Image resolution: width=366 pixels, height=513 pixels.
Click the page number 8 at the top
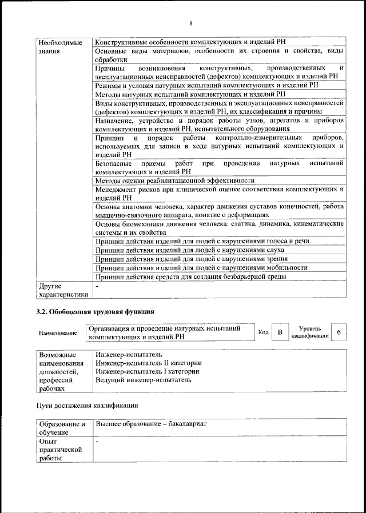point(190,23)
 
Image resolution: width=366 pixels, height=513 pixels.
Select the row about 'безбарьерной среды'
point(191,276)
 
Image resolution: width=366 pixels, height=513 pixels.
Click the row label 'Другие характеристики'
point(63,290)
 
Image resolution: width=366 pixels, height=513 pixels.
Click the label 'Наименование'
point(58,333)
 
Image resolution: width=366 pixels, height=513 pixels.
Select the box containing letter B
point(280,332)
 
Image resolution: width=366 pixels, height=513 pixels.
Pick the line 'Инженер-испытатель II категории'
point(149,363)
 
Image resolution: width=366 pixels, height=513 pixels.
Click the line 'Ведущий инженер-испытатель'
point(144,380)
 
